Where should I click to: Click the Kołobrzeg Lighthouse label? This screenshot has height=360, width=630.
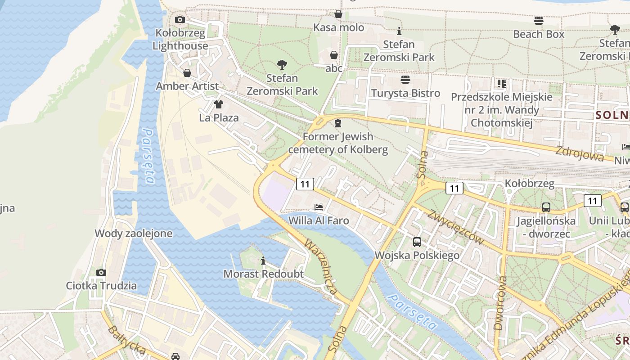point(180,39)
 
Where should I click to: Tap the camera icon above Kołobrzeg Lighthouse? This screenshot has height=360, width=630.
point(180,19)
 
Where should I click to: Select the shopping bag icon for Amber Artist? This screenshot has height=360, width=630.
point(187,73)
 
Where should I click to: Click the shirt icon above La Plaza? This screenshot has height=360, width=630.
point(219,104)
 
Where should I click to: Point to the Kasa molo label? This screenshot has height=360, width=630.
point(338,27)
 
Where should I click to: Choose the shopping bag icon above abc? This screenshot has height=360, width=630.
point(334,55)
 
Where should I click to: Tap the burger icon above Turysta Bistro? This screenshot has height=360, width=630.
point(405,80)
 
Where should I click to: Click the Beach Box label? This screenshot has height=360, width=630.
point(538,34)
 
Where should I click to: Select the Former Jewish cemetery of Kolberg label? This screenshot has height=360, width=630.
point(338,143)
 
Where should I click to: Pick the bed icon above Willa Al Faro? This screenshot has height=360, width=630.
point(319,207)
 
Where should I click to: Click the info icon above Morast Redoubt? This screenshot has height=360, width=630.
point(263,261)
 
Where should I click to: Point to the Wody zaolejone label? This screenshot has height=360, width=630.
point(133,233)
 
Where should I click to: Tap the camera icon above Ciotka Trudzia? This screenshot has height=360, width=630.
point(101,272)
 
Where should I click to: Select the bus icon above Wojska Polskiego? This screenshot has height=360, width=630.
point(417,242)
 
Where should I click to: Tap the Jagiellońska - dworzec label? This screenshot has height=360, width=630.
point(546,227)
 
